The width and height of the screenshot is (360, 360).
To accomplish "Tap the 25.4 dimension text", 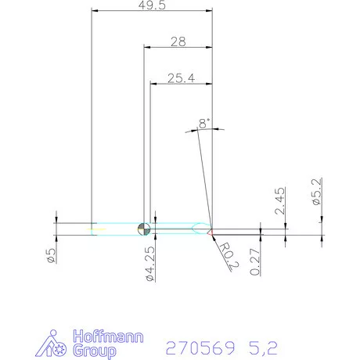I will (x=180, y=78).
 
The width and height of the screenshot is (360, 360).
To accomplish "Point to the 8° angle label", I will (x=204, y=123).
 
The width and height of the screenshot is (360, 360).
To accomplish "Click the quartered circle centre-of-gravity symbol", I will (x=144, y=229).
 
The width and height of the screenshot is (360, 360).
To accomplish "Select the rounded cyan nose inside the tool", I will (x=195, y=229).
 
